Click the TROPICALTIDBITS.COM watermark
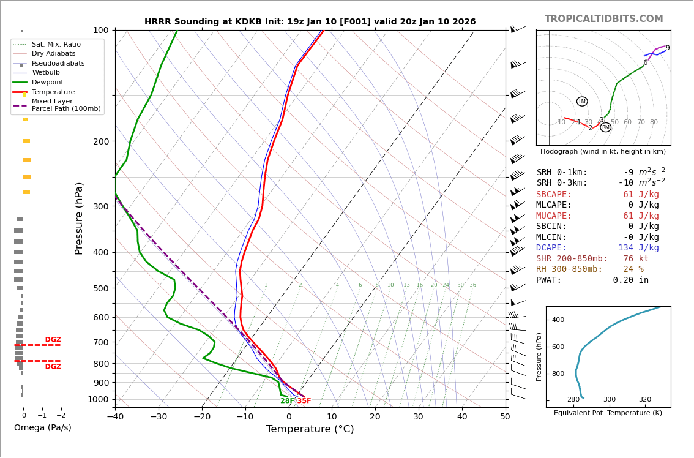603,19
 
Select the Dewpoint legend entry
47,82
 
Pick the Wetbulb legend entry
46,73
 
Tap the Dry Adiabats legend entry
53,54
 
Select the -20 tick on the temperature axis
202,417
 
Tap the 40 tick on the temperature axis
461,417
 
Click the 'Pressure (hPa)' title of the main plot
79,218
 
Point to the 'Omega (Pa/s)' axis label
42,427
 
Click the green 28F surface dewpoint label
287,401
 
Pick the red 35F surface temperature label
304,401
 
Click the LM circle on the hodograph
582,102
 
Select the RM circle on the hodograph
605,127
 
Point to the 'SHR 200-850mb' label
572,259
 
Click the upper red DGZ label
53,340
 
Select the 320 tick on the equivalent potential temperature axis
645,399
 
